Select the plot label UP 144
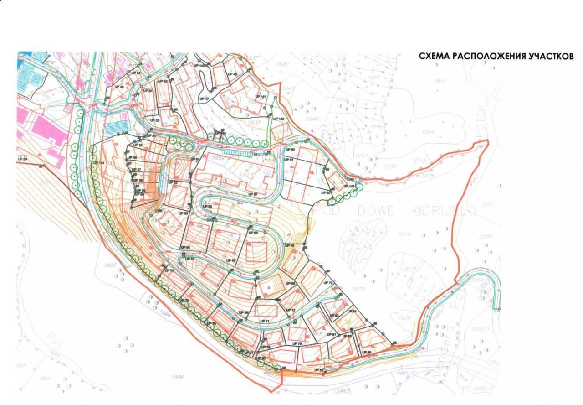(x=99, y=163)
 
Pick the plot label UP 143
(x=349, y=186)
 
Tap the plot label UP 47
(x=204, y=99)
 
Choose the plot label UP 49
(x=119, y=86)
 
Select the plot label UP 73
(x=328, y=283)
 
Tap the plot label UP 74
(x=169, y=271)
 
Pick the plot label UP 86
(x=366, y=352)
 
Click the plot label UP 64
(x=184, y=248)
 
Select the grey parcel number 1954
(x=428, y=132)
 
